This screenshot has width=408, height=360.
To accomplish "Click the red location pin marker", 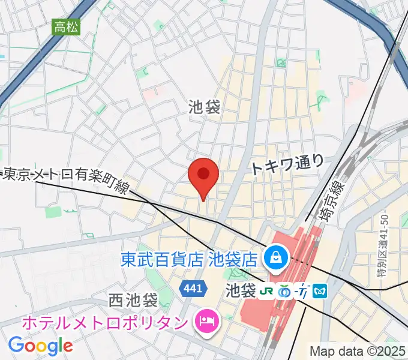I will click(203, 175).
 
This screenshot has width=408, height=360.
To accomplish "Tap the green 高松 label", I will click(65, 27).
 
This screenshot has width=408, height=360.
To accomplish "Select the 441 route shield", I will click(193, 289).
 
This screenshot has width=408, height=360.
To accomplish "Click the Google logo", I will click(40, 345).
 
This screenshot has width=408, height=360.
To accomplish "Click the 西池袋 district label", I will click(133, 299).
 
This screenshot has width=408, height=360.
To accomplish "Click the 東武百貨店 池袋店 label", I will click(188, 259).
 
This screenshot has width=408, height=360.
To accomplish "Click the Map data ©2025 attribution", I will click(358, 351).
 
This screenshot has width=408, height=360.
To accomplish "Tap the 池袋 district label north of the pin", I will click(203, 107).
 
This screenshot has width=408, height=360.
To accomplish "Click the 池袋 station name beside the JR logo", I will click(240, 291).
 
